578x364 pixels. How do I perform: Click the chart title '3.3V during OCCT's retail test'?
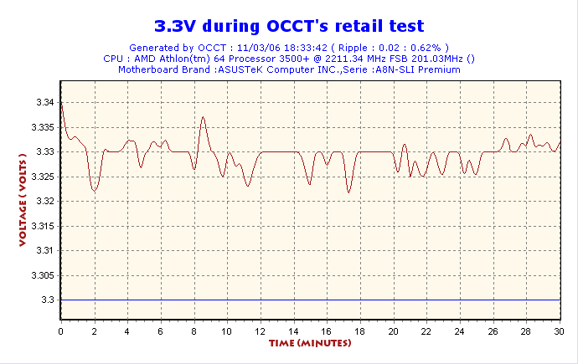coord(289,27)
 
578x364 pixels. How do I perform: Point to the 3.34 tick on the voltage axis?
coord(44,102)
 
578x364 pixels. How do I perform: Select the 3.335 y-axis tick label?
coord(42,127)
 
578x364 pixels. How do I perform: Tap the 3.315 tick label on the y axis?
coord(42,226)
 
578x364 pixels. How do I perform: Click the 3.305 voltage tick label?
coord(42,275)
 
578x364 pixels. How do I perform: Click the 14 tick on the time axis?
coord(293,331)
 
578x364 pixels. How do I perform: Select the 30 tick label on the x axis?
coord(559,331)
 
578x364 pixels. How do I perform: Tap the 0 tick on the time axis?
coord(61,331)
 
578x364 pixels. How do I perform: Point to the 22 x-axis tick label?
coord(426,331)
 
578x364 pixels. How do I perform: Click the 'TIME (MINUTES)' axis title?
coord(310,344)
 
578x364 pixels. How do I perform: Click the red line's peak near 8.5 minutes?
coord(203,118)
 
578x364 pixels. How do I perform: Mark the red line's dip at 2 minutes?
coord(95,192)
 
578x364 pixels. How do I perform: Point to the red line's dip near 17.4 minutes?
coord(349,192)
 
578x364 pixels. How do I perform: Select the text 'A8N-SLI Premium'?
coord(416,69)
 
